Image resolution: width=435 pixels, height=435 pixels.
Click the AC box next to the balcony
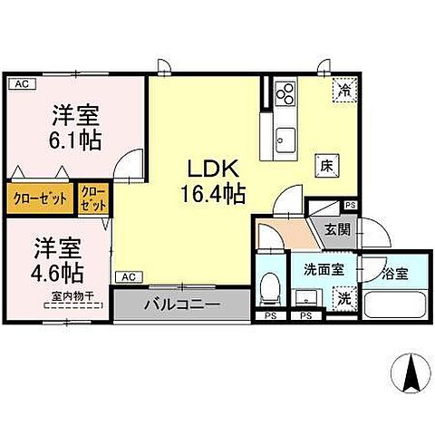128,276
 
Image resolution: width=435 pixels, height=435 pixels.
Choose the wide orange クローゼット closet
41,198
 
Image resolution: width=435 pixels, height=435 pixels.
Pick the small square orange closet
92,198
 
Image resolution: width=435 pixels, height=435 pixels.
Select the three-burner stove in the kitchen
285,92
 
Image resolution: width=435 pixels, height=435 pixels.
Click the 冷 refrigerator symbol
344,89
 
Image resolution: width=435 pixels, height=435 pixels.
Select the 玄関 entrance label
337,228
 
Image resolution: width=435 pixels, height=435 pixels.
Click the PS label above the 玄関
351,206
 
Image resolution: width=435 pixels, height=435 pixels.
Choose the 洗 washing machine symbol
343,296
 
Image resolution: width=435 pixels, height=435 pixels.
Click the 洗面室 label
322,268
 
